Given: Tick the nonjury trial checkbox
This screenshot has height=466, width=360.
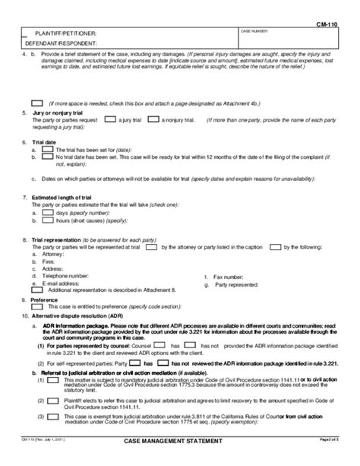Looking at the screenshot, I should (153, 119).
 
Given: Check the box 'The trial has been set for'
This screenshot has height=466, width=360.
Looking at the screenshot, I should (46, 149).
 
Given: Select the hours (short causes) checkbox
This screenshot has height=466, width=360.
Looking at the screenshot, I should (46, 221).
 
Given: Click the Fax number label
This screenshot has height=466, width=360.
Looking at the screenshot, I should (229, 277).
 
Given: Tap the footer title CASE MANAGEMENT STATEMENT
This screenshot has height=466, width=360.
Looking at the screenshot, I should (178, 461).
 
